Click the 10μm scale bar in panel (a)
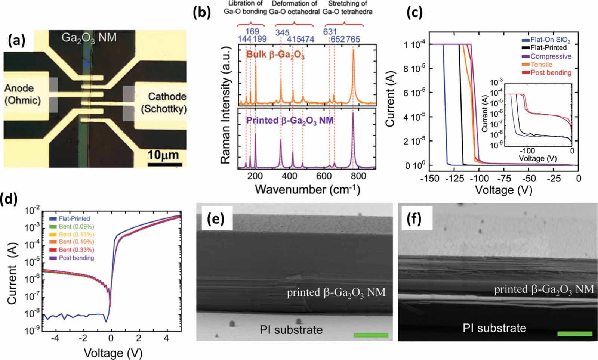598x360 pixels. click(165, 164)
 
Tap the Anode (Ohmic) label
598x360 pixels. click(22, 94)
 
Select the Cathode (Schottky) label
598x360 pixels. click(164, 103)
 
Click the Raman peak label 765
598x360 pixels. click(353, 39)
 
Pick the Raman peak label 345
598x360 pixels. click(282, 32)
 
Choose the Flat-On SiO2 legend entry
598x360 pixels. click(550, 40)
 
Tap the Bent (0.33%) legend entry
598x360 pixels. click(76, 250)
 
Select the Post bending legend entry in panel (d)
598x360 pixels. click(76, 258)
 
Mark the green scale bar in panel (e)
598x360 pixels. click(371, 335)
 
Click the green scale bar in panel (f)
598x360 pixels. click(574, 333)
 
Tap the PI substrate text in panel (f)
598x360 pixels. click(494, 328)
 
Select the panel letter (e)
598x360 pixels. click(216, 218)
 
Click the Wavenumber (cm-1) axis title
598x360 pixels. click(307, 190)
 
